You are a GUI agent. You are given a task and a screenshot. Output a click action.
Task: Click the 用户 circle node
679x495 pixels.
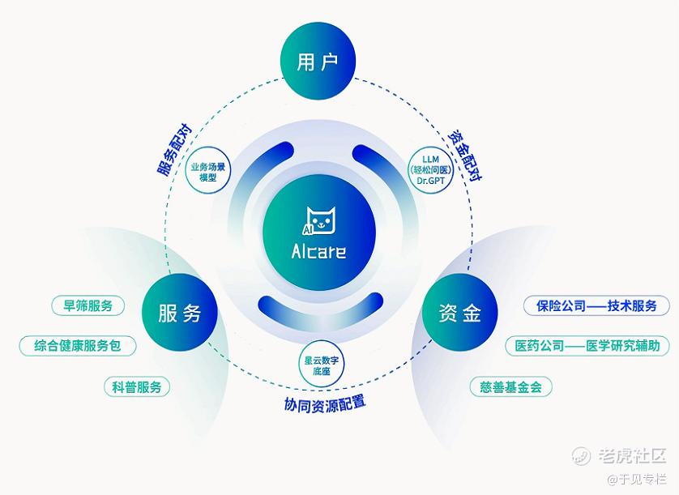[318, 62]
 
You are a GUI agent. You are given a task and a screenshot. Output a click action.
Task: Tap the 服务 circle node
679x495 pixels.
[180, 314]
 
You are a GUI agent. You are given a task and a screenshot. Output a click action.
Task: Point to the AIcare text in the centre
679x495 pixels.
[318, 251]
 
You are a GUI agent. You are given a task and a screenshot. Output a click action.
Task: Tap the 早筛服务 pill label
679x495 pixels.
[88, 305]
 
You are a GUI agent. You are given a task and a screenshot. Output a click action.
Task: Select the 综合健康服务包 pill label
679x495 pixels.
[78, 345]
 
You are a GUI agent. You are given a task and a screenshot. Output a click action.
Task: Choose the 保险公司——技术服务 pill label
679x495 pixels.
[596, 305]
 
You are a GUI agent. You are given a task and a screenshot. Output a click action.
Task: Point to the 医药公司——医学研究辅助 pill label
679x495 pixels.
[588, 346]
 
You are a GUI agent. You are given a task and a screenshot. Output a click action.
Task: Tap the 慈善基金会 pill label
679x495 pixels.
[510, 386]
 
